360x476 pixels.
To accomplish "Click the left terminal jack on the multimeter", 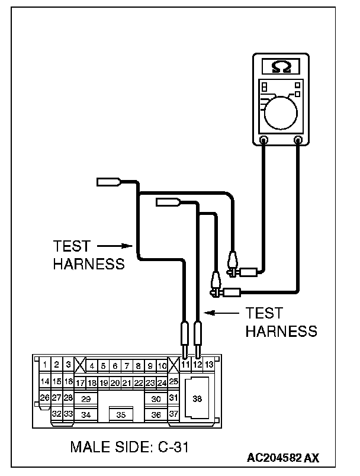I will (x=264, y=140).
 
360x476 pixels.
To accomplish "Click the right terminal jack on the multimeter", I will (x=298, y=140).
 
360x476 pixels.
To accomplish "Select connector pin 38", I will (x=197, y=398).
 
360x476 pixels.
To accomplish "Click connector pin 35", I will (x=121, y=414).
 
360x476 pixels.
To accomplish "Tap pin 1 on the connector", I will (x=45, y=365).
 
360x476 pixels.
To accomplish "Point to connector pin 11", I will (x=185, y=365).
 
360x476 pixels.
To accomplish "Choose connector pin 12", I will (x=197, y=365).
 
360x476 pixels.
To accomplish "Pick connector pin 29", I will (x=86, y=399).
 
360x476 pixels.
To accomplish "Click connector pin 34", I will (x=86, y=414).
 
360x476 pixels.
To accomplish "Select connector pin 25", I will (x=173, y=382).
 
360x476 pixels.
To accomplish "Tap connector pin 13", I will (x=209, y=365).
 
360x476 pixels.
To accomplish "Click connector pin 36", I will (x=156, y=414).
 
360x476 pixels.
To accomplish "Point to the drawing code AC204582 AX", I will (x=284, y=458).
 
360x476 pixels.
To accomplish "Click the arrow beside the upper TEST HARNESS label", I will (x=113, y=245).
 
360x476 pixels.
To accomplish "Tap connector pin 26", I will (x=44, y=397).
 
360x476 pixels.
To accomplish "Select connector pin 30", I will (x=156, y=399).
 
